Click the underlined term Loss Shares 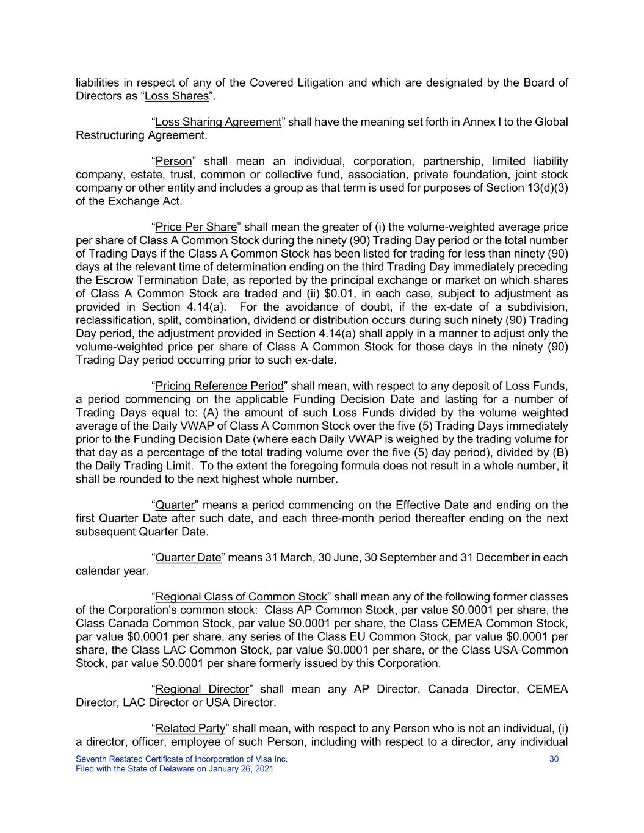coord(176,96)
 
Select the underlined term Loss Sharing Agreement coord(218,122)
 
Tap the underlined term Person coord(173,162)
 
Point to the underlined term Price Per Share coord(196,228)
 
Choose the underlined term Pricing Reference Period coord(220,386)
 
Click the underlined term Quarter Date coord(188,558)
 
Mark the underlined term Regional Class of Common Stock coord(241,597)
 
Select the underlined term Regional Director coord(202,690)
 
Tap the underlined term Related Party coord(190,729)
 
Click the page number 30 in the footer coord(554,759)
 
